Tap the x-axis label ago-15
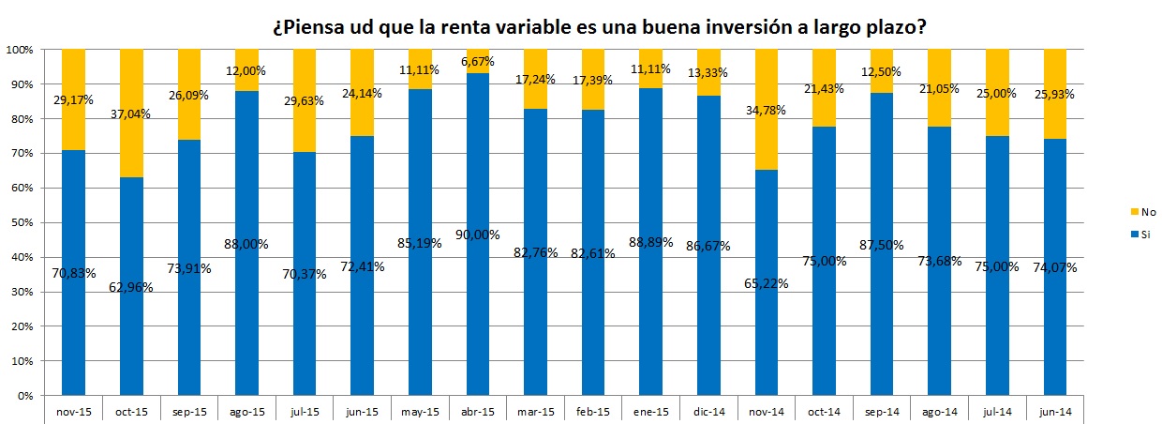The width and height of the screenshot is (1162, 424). pos(247,411)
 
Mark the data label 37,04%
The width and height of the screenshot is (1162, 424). pos(132,114)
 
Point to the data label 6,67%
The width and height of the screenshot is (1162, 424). pos(478,62)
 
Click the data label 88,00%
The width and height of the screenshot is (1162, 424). pos(247,244)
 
